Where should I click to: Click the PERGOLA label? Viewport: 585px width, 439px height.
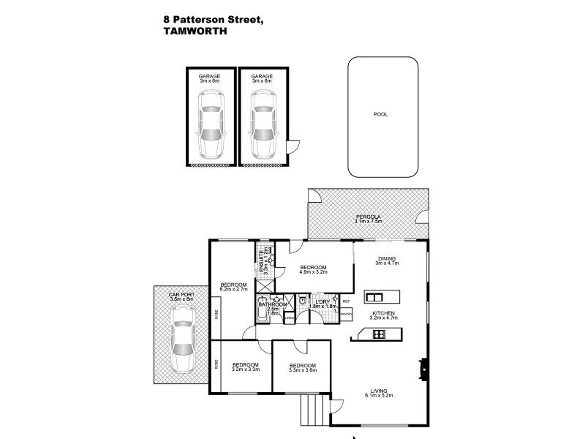pyautogui.click(x=369, y=217)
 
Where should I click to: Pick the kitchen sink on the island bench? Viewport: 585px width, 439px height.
pyautogui.click(x=374, y=297)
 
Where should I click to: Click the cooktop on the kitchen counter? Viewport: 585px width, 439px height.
pyautogui.click(x=380, y=334)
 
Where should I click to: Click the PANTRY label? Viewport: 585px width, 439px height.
pyautogui.click(x=347, y=315)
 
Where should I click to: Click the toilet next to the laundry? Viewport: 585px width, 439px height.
pyautogui.click(x=301, y=300)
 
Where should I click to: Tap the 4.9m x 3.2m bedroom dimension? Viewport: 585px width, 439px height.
pyautogui.click(x=313, y=274)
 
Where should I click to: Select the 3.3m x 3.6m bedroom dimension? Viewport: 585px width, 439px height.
pyautogui.click(x=301, y=371)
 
